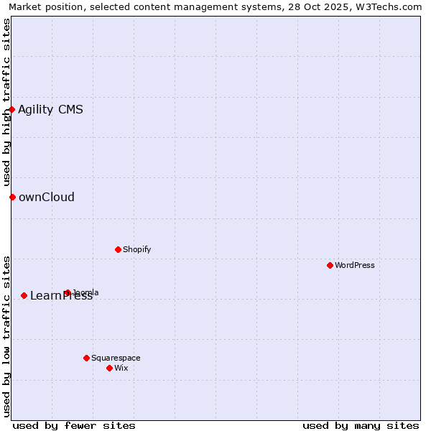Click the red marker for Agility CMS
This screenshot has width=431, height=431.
pyautogui.click(x=12, y=109)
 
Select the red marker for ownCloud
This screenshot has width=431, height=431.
pyautogui.click(x=12, y=197)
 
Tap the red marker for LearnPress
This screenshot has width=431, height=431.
pyautogui.click(x=24, y=295)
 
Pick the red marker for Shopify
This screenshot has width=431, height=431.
pyautogui.click(x=118, y=249)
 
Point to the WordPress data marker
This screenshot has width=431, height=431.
pyautogui.click(x=330, y=265)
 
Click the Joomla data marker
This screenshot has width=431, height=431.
pyautogui.click(x=67, y=292)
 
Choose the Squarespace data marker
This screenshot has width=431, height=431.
pyautogui.click(x=86, y=358)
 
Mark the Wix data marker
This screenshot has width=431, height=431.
pyautogui.click(x=109, y=368)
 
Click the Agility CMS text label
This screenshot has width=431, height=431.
pyautogui.click(x=50, y=109)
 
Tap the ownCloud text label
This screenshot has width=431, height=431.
pyautogui.click(x=46, y=197)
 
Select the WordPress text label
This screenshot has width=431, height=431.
pyautogui.click(x=354, y=265)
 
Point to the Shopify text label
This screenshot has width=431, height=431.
pyautogui.click(x=136, y=249)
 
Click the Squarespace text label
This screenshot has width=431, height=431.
pyautogui.click(x=116, y=358)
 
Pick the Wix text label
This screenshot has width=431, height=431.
pyautogui.click(x=121, y=368)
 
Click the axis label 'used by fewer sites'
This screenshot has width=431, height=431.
pyautogui.click(x=74, y=425)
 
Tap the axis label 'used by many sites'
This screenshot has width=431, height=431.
pyautogui.click(x=361, y=425)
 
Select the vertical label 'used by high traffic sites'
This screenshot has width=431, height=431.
pyautogui.click(x=6, y=102)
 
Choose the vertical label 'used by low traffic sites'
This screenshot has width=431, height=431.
pyautogui.click(x=6, y=335)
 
